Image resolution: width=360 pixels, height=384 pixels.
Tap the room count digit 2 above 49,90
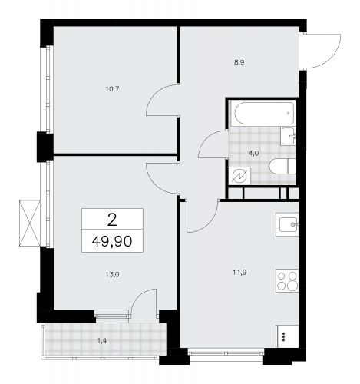[x=113, y=219]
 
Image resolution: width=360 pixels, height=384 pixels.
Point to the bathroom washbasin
[x=289, y=138]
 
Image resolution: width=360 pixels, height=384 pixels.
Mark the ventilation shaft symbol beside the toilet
[x=239, y=177]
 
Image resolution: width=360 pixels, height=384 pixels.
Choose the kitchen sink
[x=288, y=225]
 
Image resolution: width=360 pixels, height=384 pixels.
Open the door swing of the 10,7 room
[x=163, y=104]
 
